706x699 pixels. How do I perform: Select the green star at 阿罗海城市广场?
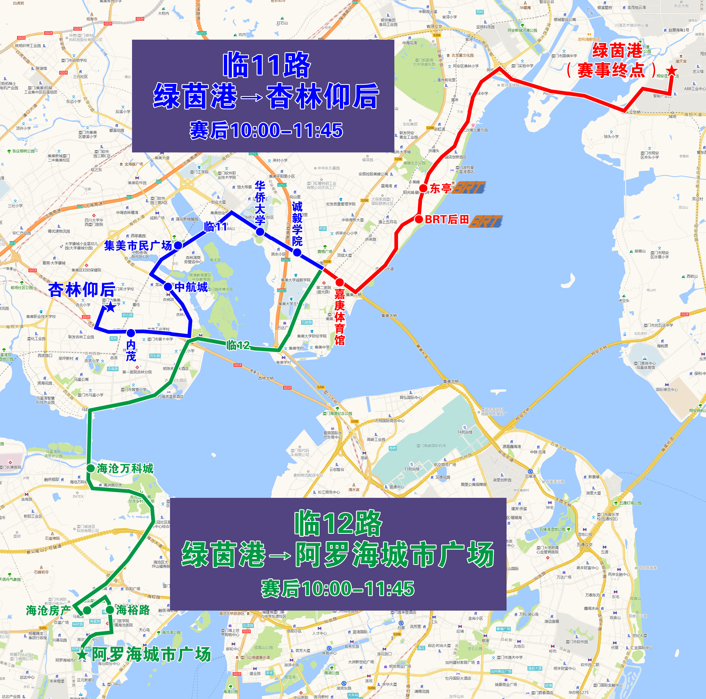pyautogui.click(x=83, y=654)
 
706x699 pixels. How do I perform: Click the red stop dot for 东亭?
pyautogui.click(x=423, y=188)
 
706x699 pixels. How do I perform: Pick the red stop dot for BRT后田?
pyautogui.click(x=419, y=219)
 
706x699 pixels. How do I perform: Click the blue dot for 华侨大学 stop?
pyautogui.click(x=260, y=232)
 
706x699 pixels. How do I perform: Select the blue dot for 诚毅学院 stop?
pyautogui.click(x=297, y=252)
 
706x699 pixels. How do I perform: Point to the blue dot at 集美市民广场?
pyautogui.click(x=178, y=245)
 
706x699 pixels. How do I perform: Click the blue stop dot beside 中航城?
pyautogui.click(x=168, y=287)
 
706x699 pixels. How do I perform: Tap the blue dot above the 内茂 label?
pyautogui.click(x=131, y=333)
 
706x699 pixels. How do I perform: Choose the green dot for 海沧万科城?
pyautogui.click(x=91, y=468)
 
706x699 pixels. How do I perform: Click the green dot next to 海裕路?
pyautogui.click(x=110, y=610)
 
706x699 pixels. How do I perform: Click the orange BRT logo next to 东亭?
pyautogui.click(x=469, y=188)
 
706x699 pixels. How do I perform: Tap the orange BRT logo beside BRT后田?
pyautogui.click(x=486, y=221)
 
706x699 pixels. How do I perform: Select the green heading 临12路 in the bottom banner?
pyautogui.click(x=338, y=524)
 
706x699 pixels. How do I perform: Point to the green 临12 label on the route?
pyautogui.click(x=238, y=345)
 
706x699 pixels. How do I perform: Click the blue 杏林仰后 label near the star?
pyautogui.click(x=82, y=290)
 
